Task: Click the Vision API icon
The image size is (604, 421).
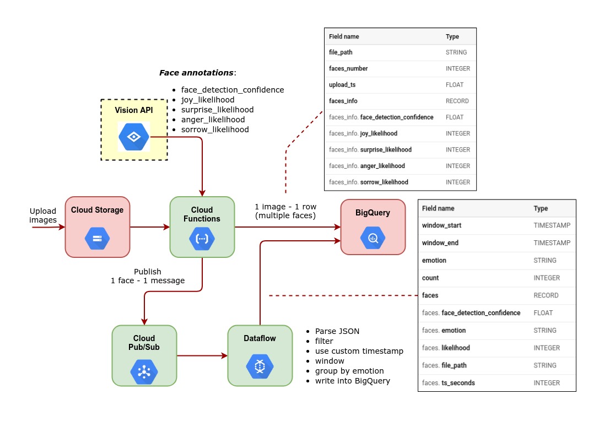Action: tap(134, 137)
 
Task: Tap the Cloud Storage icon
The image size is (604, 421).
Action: tap(97, 238)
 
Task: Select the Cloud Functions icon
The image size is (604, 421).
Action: tap(202, 239)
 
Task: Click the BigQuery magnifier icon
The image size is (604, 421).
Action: tap(373, 238)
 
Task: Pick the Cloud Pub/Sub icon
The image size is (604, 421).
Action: tap(144, 371)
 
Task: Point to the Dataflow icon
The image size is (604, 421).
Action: tap(260, 366)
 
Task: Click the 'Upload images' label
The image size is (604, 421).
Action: tap(43, 215)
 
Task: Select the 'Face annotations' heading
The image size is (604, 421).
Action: tap(197, 73)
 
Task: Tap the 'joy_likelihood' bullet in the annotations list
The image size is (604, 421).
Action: tap(207, 100)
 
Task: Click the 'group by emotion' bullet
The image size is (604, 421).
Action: tap(349, 371)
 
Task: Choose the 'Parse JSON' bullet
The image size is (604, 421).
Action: tap(337, 331)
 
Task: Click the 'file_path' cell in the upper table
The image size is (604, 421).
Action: tap(341, 52)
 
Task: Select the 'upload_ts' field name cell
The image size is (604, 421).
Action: tap(342, 85)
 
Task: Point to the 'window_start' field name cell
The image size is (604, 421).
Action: tap(441, 225)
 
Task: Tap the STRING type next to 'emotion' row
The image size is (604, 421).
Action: tap(545, 260)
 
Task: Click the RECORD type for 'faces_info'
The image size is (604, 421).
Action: tap(457, 101)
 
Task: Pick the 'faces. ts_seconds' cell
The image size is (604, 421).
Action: tap(448, 383)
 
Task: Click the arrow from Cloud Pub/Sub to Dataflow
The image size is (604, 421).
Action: tap(202, 356)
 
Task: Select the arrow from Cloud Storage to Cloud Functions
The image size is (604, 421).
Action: tap(149, 226)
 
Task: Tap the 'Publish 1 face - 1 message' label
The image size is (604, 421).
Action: tap(148, 276)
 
